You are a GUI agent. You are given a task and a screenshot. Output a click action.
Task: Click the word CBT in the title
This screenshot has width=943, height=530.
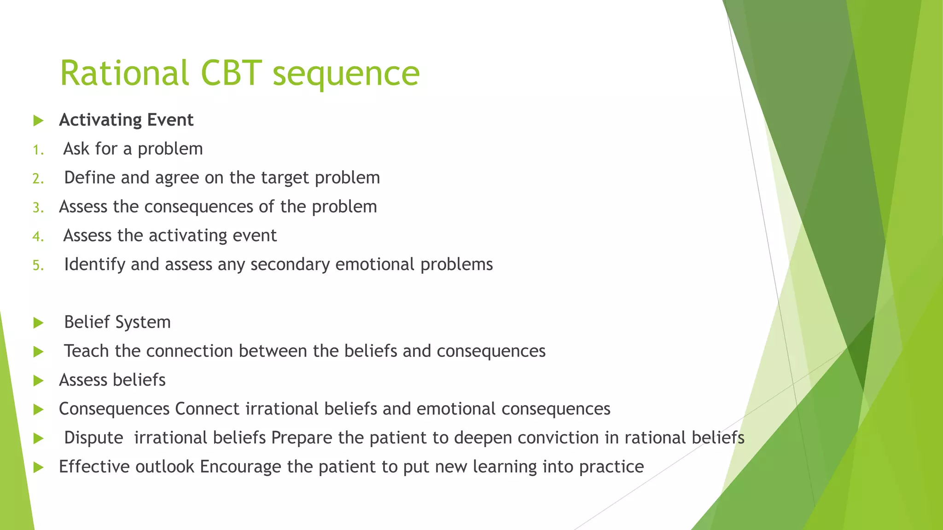click(x=231, y=73)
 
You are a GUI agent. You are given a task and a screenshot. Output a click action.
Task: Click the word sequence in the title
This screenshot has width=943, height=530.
click(x=346, y=75)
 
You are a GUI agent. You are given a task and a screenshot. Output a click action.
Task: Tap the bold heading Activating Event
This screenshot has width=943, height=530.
click(x=126, y=120)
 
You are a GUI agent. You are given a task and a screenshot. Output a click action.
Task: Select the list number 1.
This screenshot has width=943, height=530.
click(x=38, y=150)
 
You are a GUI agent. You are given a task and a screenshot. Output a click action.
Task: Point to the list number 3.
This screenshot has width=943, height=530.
click(x=38, y=208)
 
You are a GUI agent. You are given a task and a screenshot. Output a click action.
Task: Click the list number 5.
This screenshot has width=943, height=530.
click(x=38, y=265)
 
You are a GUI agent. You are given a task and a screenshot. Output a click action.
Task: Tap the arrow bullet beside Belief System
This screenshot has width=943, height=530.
click(x=39, y=323)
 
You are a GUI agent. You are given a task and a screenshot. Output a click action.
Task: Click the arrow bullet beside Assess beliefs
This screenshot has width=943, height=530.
click(x=39, y=381)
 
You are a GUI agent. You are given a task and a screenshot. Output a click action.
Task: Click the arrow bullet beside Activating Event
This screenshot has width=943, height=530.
click(x=39, y=121)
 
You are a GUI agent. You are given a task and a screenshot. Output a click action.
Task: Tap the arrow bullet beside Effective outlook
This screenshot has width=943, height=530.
click(x=39, y=468)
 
